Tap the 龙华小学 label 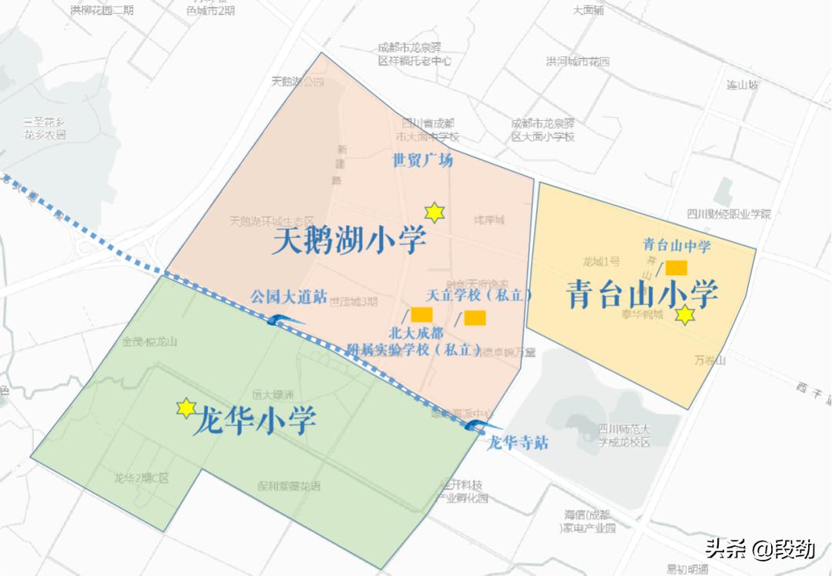point(254,420)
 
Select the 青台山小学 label point(642,293)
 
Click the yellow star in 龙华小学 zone point(186,408)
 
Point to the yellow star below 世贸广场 point(435,213)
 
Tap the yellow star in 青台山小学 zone point(685,315)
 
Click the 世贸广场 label point(423,161)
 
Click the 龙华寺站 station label point(518,442)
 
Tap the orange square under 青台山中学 point(676,267)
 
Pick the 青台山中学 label point(676,246)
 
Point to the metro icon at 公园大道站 point(281,321)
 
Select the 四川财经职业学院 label point(729,214)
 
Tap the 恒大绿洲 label point(273,395)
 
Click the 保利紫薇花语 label point(289,486)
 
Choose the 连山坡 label point(743,85)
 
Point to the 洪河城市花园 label point(578,62)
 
